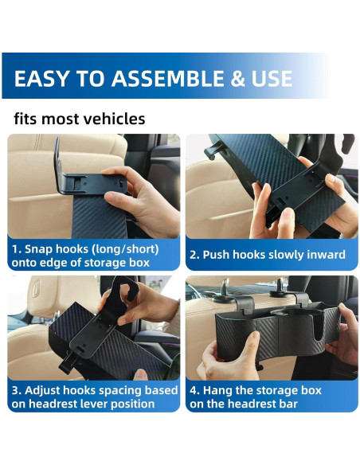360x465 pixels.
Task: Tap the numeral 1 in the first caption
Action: pyautogui.click(x=15, y=248)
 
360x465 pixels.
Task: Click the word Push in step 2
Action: pyautogui.click(x=219, y=255)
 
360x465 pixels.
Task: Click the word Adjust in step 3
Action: pyautogui.click(x=47, y=390)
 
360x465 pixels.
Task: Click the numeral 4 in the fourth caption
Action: pyautogui.click(x=193, y=390)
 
